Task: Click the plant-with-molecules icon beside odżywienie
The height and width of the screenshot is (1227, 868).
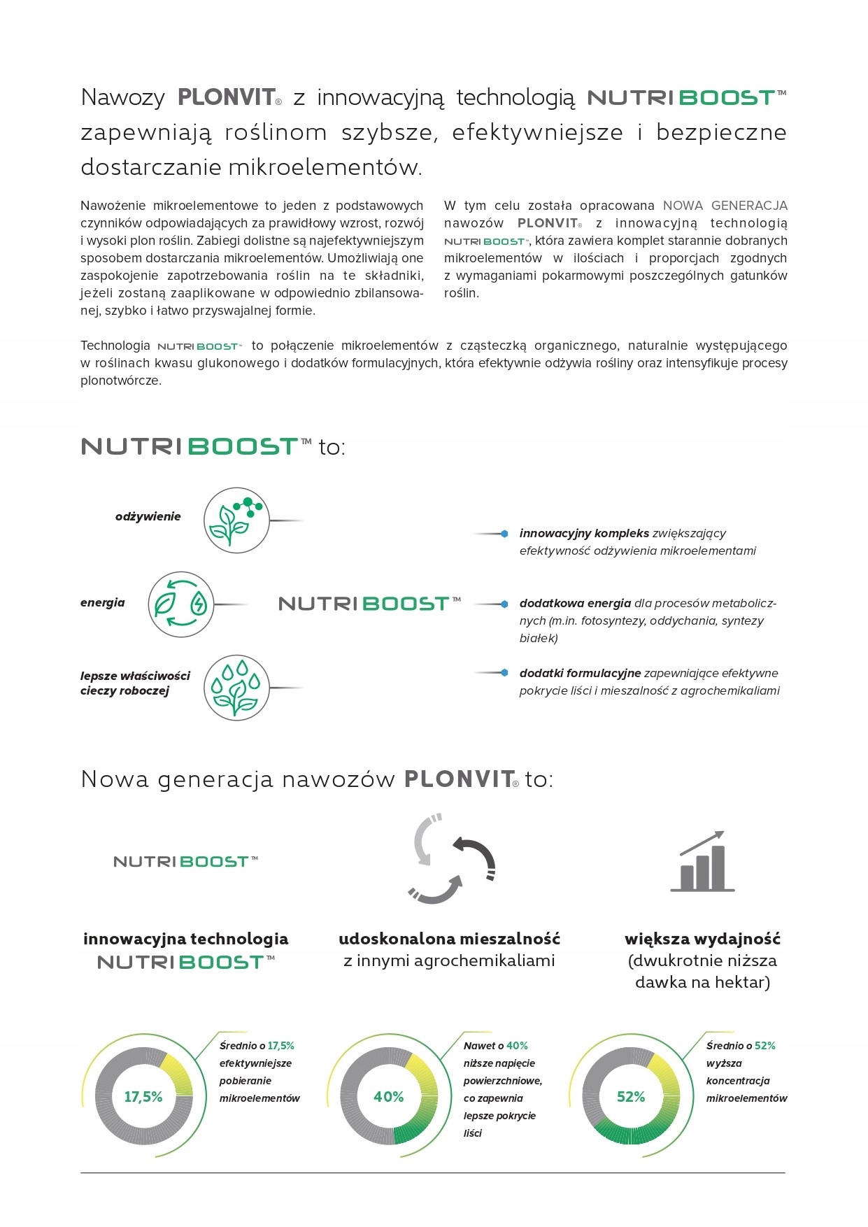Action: pos(236,520)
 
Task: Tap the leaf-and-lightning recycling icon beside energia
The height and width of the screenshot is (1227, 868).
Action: pos(181,604)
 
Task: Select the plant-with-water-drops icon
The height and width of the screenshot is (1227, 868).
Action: pos(236,688)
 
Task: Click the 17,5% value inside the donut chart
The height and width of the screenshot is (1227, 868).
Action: pos(143,1096)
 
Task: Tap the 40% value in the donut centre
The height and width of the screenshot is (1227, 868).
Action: pos(388,1096)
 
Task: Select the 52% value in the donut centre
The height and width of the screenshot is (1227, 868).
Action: pos(631,1096)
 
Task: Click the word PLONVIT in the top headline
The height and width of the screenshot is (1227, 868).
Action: pos(227,97)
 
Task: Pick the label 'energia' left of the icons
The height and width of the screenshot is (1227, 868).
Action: pos(103,602)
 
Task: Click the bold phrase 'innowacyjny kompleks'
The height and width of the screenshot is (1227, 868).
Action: pos(584,533)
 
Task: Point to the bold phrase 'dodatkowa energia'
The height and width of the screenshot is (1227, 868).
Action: pos(575,603)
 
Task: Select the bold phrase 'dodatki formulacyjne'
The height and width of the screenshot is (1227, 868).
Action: pos(580,673)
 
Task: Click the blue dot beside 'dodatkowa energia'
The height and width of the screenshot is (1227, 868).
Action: pos(504,604)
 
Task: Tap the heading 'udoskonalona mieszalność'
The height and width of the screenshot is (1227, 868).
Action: pos(449,939)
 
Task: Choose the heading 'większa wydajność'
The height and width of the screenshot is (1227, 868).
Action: pos(702,939)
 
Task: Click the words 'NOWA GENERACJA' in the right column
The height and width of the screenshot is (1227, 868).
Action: pos(725,206)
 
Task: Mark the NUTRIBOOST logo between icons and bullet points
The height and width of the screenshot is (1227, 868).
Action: pos(369,604)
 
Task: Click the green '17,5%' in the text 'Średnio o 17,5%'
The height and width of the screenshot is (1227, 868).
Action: pos(280,1046)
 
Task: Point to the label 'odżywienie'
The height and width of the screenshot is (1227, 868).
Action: pos(148,516)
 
